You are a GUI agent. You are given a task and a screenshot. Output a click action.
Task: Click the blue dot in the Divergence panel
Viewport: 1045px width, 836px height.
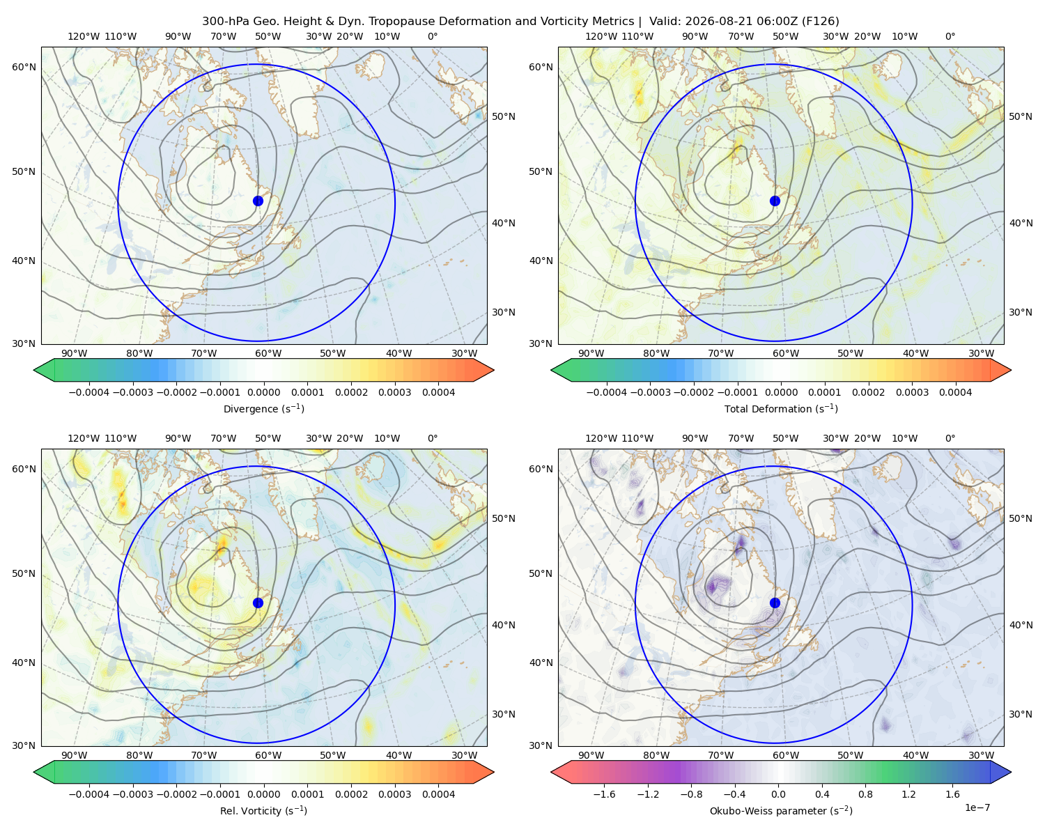tap(258, 201)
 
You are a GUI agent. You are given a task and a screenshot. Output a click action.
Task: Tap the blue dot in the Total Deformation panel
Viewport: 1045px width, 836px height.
tap(775, 201)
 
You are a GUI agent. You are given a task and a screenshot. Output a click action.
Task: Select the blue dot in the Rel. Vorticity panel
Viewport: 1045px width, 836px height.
tap(258, 603)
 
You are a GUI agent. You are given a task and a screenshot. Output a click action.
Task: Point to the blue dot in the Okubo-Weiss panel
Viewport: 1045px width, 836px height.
tap(775, 603)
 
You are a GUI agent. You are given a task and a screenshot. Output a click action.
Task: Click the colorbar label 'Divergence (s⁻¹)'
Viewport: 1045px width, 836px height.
tap(263, 408)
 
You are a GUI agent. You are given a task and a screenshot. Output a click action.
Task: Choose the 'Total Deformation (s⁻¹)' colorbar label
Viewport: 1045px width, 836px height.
tap(781, 408)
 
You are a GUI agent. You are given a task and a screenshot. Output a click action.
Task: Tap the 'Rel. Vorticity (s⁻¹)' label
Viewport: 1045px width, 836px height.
tap(263, 810)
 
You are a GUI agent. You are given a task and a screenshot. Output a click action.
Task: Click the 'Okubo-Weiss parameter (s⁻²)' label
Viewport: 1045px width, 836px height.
tap(781, 810)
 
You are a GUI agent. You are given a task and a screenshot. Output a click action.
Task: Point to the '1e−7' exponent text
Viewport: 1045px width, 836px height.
tap(977, 807)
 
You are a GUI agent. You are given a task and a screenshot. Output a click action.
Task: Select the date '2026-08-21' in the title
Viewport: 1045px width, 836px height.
tap(707, 22)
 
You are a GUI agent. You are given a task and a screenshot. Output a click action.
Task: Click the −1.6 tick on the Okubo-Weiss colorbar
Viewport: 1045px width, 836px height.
tap(604, 794)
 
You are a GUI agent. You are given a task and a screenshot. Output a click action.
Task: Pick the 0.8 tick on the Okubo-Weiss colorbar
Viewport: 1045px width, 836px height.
tap(865, 794)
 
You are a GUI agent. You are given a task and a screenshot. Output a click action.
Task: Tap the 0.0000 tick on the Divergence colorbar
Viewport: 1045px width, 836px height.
tap(263, 392)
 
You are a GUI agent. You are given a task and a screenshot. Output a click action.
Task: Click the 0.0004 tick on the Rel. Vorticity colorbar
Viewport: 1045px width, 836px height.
tap(438, 794)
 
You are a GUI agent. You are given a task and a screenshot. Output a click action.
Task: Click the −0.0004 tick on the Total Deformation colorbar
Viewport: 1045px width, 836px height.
tap(606, 392)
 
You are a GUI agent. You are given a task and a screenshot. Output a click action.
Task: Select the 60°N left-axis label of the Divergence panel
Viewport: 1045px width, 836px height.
tap(24, 67)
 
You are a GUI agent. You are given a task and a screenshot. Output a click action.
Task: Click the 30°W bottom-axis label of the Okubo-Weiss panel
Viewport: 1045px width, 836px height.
tap(981, 755)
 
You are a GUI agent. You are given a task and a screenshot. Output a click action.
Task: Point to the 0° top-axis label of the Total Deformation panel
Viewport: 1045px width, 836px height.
tap(950, 36)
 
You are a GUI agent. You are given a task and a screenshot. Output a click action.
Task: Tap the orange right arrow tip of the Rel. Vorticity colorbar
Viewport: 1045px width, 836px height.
tap(493, 772)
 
